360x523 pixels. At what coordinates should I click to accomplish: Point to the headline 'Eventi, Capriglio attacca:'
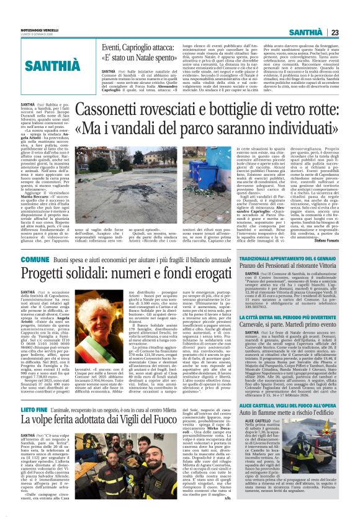point(139,47)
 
